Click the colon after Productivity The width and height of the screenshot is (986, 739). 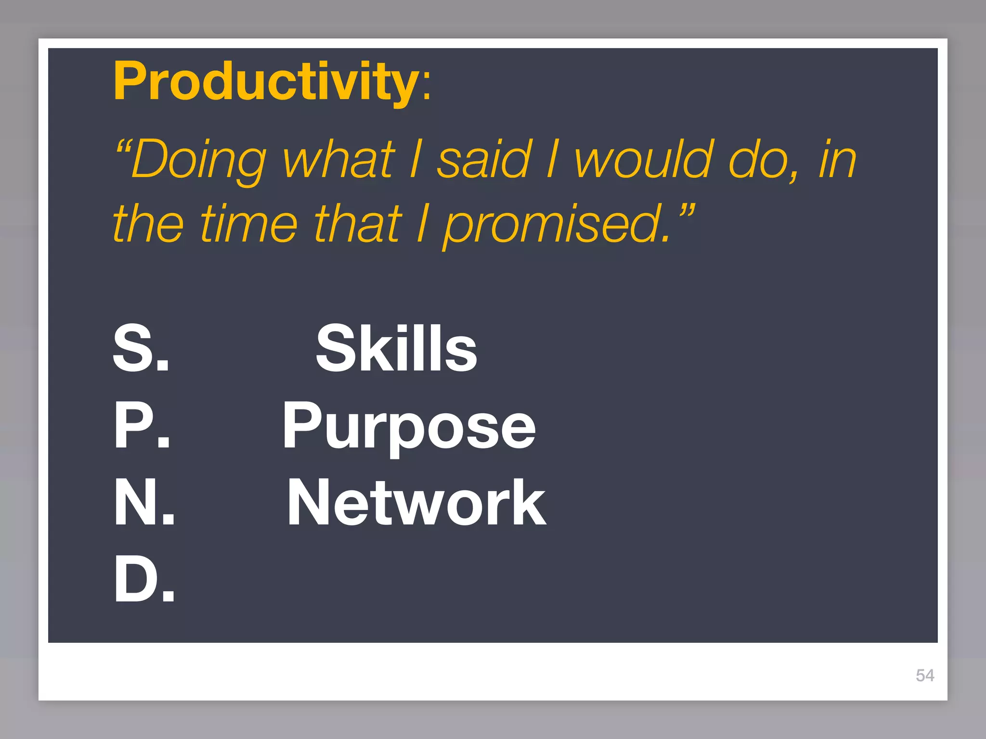point(426,87)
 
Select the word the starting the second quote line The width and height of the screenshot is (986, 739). point(148,224)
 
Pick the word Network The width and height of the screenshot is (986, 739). point(416,503)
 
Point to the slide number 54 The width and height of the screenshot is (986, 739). point(925,675)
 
